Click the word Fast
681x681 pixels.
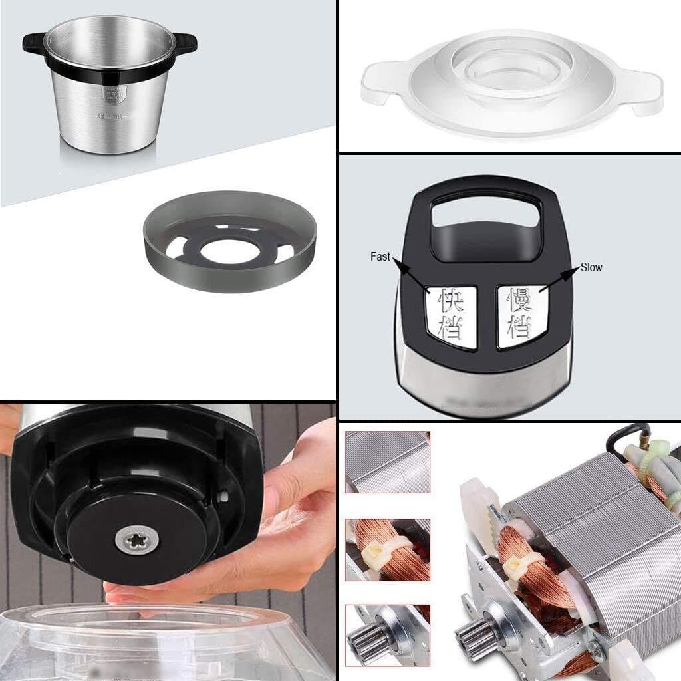tap(380, 256)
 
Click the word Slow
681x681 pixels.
tap(591, 267)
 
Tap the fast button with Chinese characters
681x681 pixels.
tap(450, 317)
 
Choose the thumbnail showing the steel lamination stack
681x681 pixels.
tap(388, 462)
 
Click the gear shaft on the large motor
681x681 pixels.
tap(476, 637)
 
